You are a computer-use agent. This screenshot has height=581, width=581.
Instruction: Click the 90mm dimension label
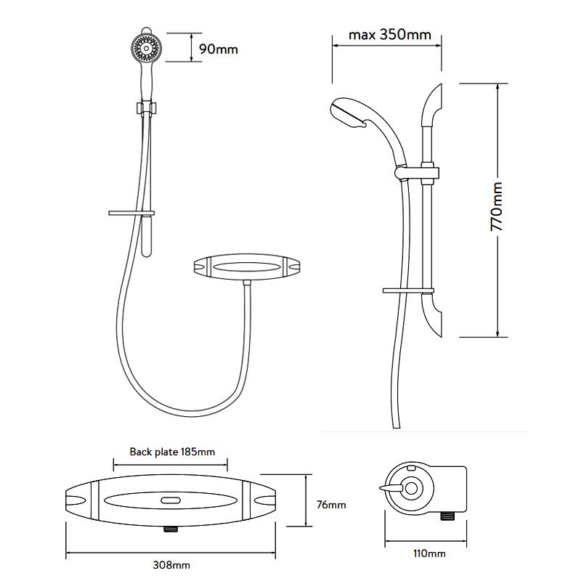(219, 49)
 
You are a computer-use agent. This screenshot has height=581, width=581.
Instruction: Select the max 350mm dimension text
(390, 35)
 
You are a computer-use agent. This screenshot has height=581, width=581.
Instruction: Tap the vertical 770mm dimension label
(497, 206)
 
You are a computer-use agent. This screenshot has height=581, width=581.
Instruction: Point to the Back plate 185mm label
(172, 452)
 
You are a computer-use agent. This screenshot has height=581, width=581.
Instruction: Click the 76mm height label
(331, 505)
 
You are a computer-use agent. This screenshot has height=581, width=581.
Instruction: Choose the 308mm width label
(171, 565)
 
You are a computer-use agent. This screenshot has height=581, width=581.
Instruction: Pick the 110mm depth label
(429, 553)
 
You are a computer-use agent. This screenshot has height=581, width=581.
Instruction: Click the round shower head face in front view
(147, 49)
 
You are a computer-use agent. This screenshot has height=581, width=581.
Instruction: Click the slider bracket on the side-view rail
(418, 173)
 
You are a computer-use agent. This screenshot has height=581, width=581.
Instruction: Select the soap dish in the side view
(408, 290)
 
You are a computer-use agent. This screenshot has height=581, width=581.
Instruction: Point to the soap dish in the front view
(131, 213)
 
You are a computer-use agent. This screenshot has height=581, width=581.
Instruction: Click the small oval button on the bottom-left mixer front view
(171, 500)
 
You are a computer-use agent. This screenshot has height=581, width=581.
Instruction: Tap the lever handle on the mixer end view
(391, 489)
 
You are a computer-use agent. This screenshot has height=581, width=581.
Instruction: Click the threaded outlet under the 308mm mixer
(171, 529)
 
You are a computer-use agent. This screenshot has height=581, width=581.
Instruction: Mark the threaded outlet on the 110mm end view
(449, 516)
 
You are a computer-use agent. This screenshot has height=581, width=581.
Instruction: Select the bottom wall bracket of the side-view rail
(432, 315)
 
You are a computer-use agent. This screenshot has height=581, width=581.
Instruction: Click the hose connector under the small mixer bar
(247, 283)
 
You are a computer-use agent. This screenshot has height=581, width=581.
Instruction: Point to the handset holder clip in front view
(147, 107)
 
